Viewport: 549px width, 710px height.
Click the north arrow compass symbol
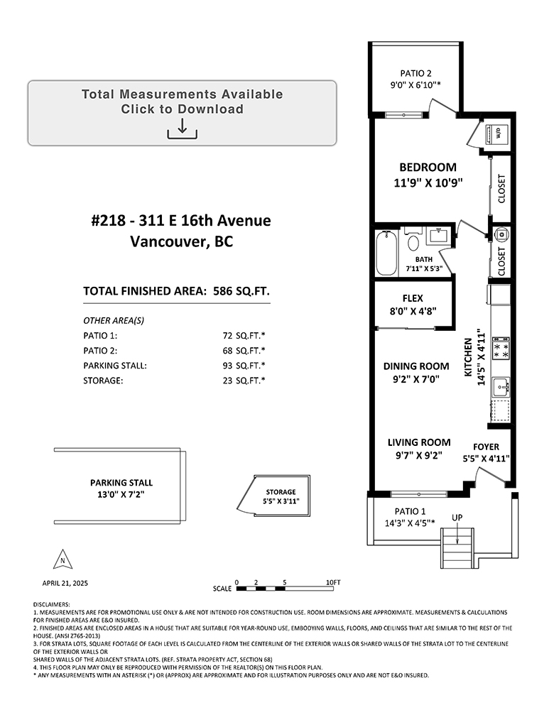tap(62, 559)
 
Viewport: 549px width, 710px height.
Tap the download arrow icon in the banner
tap(182, 129)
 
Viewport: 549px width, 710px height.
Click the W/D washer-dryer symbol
tap(497, 133)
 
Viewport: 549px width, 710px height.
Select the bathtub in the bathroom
tap(386, 253)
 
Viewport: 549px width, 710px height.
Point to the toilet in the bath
tap(413, 239)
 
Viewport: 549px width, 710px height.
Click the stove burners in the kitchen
tap(501, 348)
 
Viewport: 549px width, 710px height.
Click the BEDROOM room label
tap(428, 167)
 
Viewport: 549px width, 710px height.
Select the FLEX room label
tap(413, 298)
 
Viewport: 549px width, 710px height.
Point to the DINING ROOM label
tap(416, 366)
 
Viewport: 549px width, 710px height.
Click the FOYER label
tap(486, 447)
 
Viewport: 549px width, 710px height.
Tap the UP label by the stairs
tap(457, 517)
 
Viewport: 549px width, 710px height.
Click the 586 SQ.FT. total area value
tap(241, 290)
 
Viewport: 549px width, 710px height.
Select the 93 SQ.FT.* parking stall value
tap(244, 366)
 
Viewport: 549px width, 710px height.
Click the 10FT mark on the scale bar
tap(333, 582)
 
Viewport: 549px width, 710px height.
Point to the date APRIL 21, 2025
tap(65, 583)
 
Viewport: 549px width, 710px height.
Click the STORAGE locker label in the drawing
tap(281, 492)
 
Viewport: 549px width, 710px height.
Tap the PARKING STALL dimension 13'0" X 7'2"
tap(121, 494)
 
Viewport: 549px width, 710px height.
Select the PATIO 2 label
tap(415, 73)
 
